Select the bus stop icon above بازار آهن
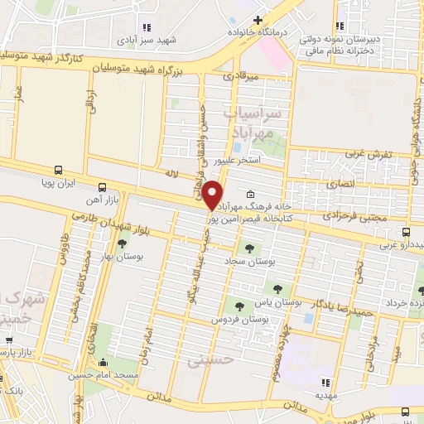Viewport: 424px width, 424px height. point(102,186)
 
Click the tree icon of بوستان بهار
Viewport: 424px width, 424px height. point(123,243)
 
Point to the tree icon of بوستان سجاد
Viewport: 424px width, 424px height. point(248,248)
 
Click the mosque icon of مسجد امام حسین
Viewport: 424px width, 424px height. point(103,363)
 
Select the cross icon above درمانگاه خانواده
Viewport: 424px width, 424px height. point(258,20)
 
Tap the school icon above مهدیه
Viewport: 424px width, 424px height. point(325,383)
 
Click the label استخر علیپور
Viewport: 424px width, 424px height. point(238,159)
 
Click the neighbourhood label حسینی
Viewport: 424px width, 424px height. point(207,360)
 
